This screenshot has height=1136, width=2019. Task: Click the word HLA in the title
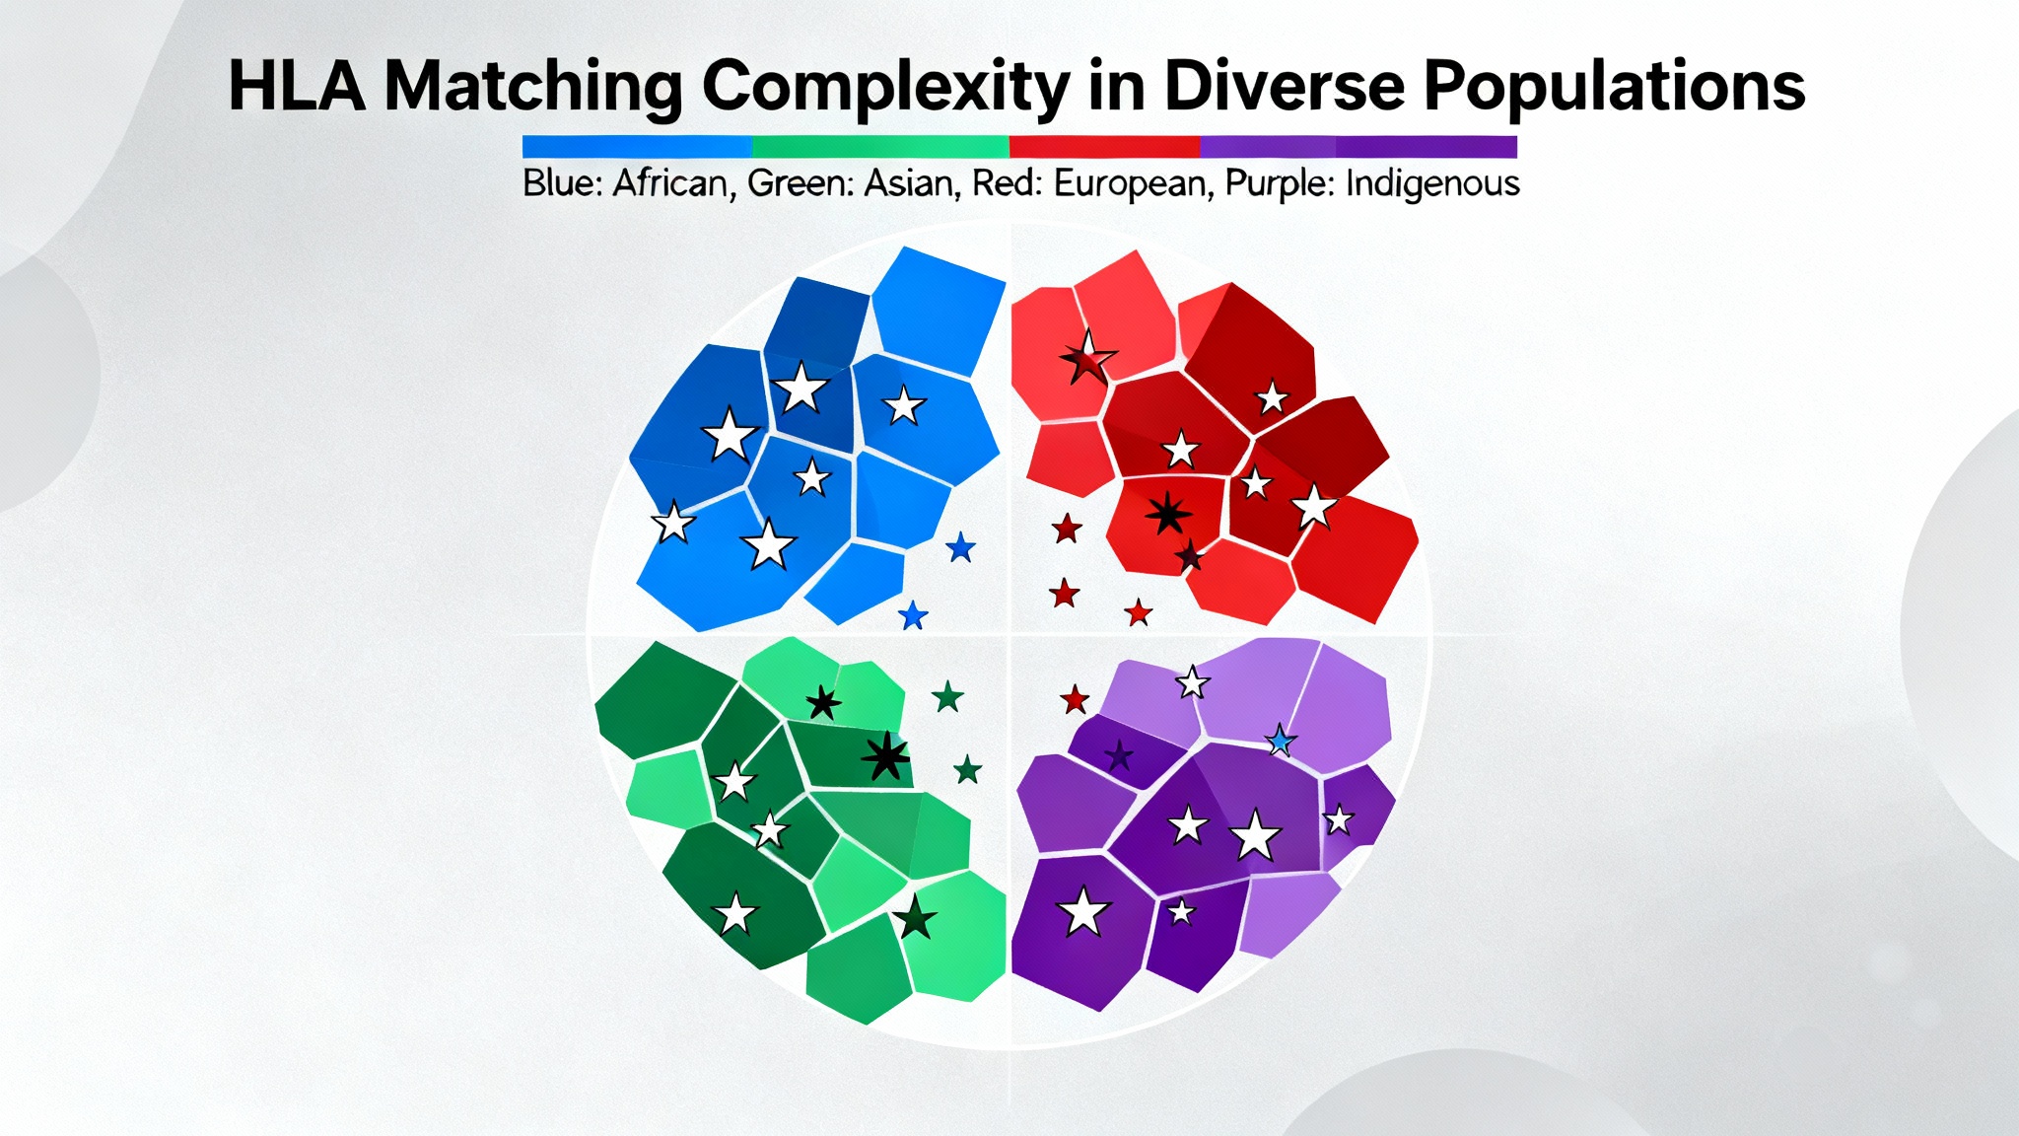coord(297,87)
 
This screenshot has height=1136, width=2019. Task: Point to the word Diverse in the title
coord(1285,87)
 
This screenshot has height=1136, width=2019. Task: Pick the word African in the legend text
coord(674,183)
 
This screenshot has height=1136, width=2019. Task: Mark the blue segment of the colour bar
coord(637,147)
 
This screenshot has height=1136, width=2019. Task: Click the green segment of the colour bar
coord(880,147)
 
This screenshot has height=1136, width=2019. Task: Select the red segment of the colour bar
coord(1104,147)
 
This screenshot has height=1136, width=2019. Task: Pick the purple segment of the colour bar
coord(1358,147)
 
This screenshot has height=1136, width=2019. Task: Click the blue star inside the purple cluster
coord(1280,740)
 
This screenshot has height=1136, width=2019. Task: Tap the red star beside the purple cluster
coord(1075,700)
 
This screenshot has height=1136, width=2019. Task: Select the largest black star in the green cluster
coord(885,757)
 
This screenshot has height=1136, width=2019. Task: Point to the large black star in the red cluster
coord(1168,513)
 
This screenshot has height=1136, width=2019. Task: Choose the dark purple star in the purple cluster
coord(1119,756)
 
